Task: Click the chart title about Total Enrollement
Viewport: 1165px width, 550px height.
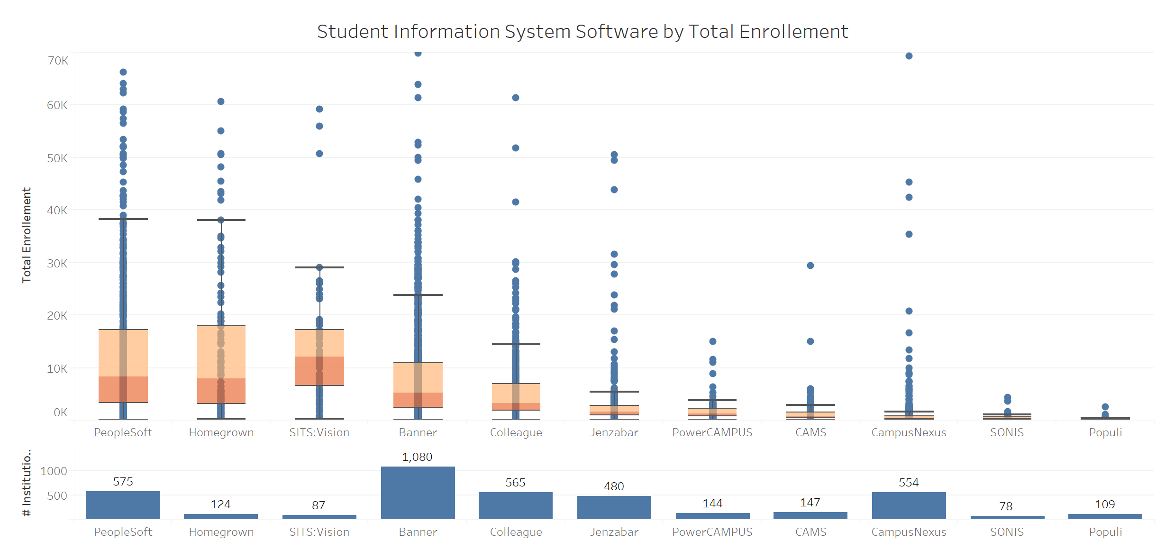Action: click(582, 32)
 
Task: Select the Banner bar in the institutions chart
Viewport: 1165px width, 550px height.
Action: click(418, 493)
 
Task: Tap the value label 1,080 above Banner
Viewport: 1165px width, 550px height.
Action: click(417, 457)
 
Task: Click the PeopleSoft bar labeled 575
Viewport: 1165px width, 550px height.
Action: click(123, 505)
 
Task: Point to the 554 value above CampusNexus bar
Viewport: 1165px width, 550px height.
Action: click(909, 483)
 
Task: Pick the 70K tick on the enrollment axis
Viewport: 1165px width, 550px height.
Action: click(58, 61)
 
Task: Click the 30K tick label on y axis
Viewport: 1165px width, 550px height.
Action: click(57, 264)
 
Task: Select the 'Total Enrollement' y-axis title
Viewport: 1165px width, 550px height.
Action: click(27, 235)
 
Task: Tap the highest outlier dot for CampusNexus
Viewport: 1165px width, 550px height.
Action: click(909, 56)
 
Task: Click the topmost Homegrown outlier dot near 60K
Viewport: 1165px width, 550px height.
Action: click(221, 101)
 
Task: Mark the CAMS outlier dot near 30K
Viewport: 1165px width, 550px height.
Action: click(810, 266)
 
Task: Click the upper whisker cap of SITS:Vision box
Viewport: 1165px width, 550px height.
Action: click(319, 267)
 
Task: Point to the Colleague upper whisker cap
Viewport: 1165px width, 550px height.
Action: click(516, 344)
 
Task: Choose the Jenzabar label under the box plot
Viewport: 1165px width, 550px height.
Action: click(614, 432)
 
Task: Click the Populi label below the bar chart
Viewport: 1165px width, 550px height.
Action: click(1105, 532)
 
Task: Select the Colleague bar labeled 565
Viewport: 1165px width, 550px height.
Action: click(515, 505)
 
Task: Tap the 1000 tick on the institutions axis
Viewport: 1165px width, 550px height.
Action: click(54, 471)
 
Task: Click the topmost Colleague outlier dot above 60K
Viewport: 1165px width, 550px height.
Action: click(516, 98)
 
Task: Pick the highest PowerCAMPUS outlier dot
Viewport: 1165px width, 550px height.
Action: click(712, 341)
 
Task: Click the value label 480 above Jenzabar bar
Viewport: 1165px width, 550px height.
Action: click(614, 486)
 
